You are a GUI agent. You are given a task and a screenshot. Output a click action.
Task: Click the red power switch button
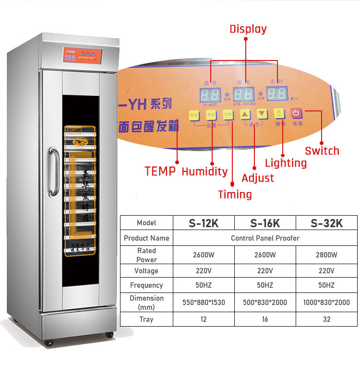pos(296,113)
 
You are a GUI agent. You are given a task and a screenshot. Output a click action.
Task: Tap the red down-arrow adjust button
pos(262,114)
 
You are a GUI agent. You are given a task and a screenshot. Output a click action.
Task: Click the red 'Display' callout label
pos(248,29)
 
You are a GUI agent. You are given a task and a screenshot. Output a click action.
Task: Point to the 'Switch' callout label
pos(322,151)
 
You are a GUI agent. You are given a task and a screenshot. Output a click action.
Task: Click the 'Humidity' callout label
pos(204,171)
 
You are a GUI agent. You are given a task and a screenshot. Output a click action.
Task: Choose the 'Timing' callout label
pos(235,194)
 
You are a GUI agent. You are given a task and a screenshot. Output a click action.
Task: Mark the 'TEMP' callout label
pos(160,171)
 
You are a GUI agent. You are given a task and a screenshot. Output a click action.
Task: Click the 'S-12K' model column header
pos(204,223)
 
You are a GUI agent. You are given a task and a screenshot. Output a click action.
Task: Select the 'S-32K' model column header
pos(327,223)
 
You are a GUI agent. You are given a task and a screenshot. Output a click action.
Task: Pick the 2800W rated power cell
pos(327,255)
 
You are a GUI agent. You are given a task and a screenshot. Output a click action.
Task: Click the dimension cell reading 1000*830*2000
pos(327,303)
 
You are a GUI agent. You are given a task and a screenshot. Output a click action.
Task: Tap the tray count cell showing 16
pos(265,319)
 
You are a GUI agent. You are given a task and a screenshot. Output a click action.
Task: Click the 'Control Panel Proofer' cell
pos(265,238)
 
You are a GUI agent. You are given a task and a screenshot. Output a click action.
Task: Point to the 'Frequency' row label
pos(146,285)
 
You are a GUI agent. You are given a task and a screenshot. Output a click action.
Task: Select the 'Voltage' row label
pos(146,271)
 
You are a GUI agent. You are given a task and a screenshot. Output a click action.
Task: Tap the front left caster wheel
pos(48,343)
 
